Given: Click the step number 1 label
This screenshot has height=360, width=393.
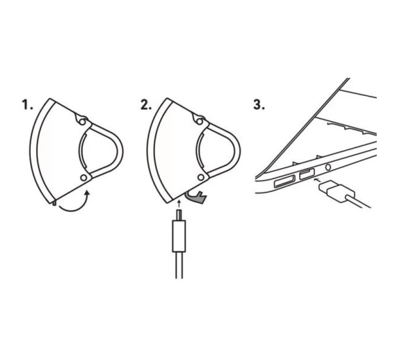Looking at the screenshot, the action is [28, 105].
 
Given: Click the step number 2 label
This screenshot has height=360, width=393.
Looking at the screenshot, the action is [146, 105].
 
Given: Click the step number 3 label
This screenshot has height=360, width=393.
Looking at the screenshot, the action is [259, 105].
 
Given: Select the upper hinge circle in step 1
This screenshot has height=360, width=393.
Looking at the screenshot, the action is [82, 122].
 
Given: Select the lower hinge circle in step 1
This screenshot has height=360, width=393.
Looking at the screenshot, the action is [84, 178].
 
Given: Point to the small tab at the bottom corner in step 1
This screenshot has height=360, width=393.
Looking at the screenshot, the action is [54, 202].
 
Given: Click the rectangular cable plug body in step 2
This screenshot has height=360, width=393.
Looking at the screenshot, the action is [179, 236].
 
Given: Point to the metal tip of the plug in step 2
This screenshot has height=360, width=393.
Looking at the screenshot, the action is [179, 215].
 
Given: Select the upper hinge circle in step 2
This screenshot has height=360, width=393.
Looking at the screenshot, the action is [199, 122].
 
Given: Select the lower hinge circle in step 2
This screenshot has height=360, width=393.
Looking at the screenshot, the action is [201, 178].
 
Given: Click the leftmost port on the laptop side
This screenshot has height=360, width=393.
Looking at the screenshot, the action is [285, 182].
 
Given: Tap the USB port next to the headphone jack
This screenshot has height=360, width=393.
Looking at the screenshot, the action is [307, 174].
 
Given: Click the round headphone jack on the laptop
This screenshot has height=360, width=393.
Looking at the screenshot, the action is [327, 167].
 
